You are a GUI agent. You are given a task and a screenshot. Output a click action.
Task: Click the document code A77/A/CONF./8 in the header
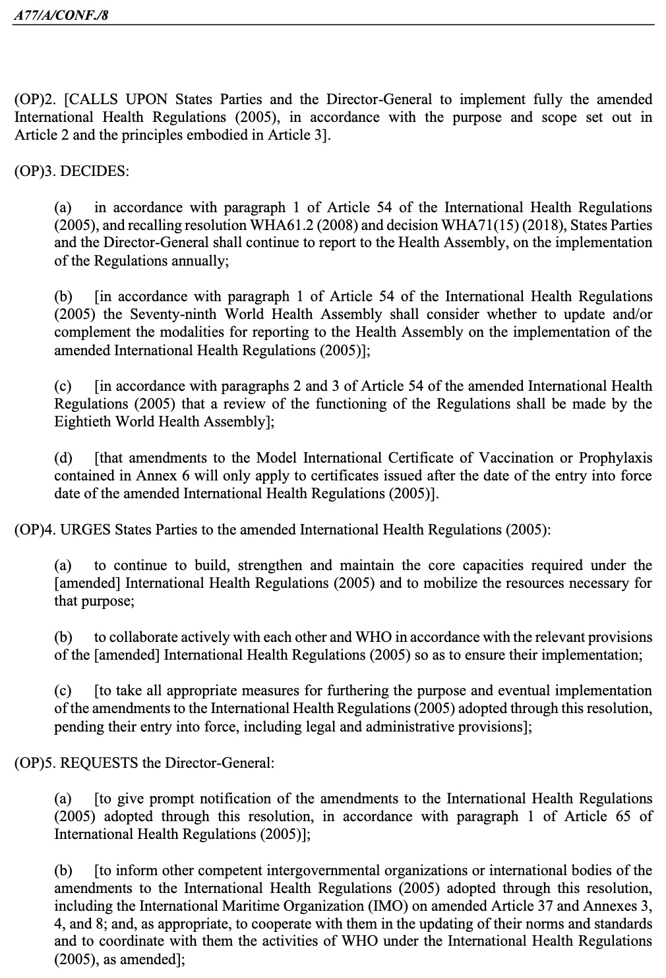pos(61,13)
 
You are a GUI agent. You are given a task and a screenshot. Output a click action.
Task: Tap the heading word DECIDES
pos(94,171)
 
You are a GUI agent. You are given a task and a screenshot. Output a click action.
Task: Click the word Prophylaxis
pos(615,457)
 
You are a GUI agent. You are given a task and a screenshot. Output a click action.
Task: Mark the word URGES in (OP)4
pos(84,530)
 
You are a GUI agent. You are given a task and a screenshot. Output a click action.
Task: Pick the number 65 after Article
pos(623,817)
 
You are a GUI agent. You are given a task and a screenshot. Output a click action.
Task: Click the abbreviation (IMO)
pos(371,906)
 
